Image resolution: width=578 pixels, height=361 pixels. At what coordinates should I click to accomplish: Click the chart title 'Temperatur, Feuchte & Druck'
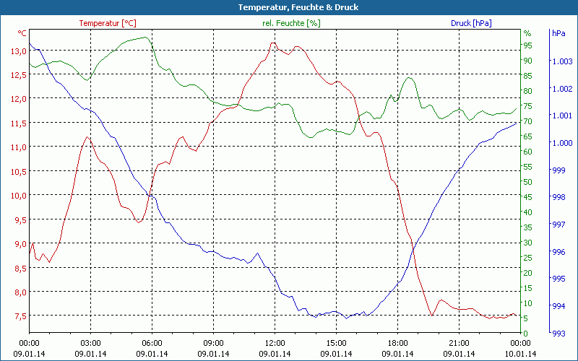click(288, 7)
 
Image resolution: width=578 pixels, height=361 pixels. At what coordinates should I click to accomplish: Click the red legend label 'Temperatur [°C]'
click(108, 23)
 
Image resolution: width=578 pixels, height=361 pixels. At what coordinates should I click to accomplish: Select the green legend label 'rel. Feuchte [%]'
click(290, 23)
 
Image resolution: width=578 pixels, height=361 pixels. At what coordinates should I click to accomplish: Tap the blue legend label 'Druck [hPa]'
click(471, 23)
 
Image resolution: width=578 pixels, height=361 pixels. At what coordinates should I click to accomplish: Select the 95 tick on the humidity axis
click(527, 45)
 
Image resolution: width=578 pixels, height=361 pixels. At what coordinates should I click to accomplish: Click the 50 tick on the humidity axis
click(527, 182)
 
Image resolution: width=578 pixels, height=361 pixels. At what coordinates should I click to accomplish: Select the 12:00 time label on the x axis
click(275, 343)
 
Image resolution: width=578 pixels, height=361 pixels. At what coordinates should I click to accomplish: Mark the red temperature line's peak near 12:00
click(272, 43)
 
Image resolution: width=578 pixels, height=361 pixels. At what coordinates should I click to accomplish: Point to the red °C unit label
click(22, 33)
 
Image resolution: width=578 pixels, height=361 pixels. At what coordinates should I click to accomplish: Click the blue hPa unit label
click(558, 33)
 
